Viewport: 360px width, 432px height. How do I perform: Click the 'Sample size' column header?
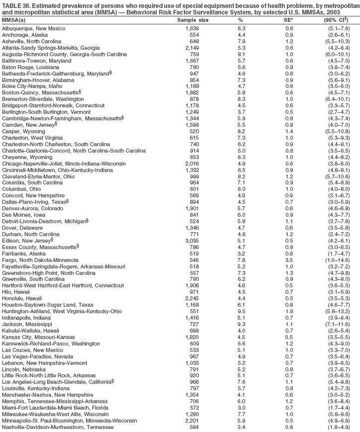point(193,20)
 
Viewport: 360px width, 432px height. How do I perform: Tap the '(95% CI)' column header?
point(336,20)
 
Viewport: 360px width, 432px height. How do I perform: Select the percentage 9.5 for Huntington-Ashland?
point(241,312)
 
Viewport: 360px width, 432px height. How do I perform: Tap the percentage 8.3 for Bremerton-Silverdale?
point(241,99)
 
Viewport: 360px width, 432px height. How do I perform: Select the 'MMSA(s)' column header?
point(14,20)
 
